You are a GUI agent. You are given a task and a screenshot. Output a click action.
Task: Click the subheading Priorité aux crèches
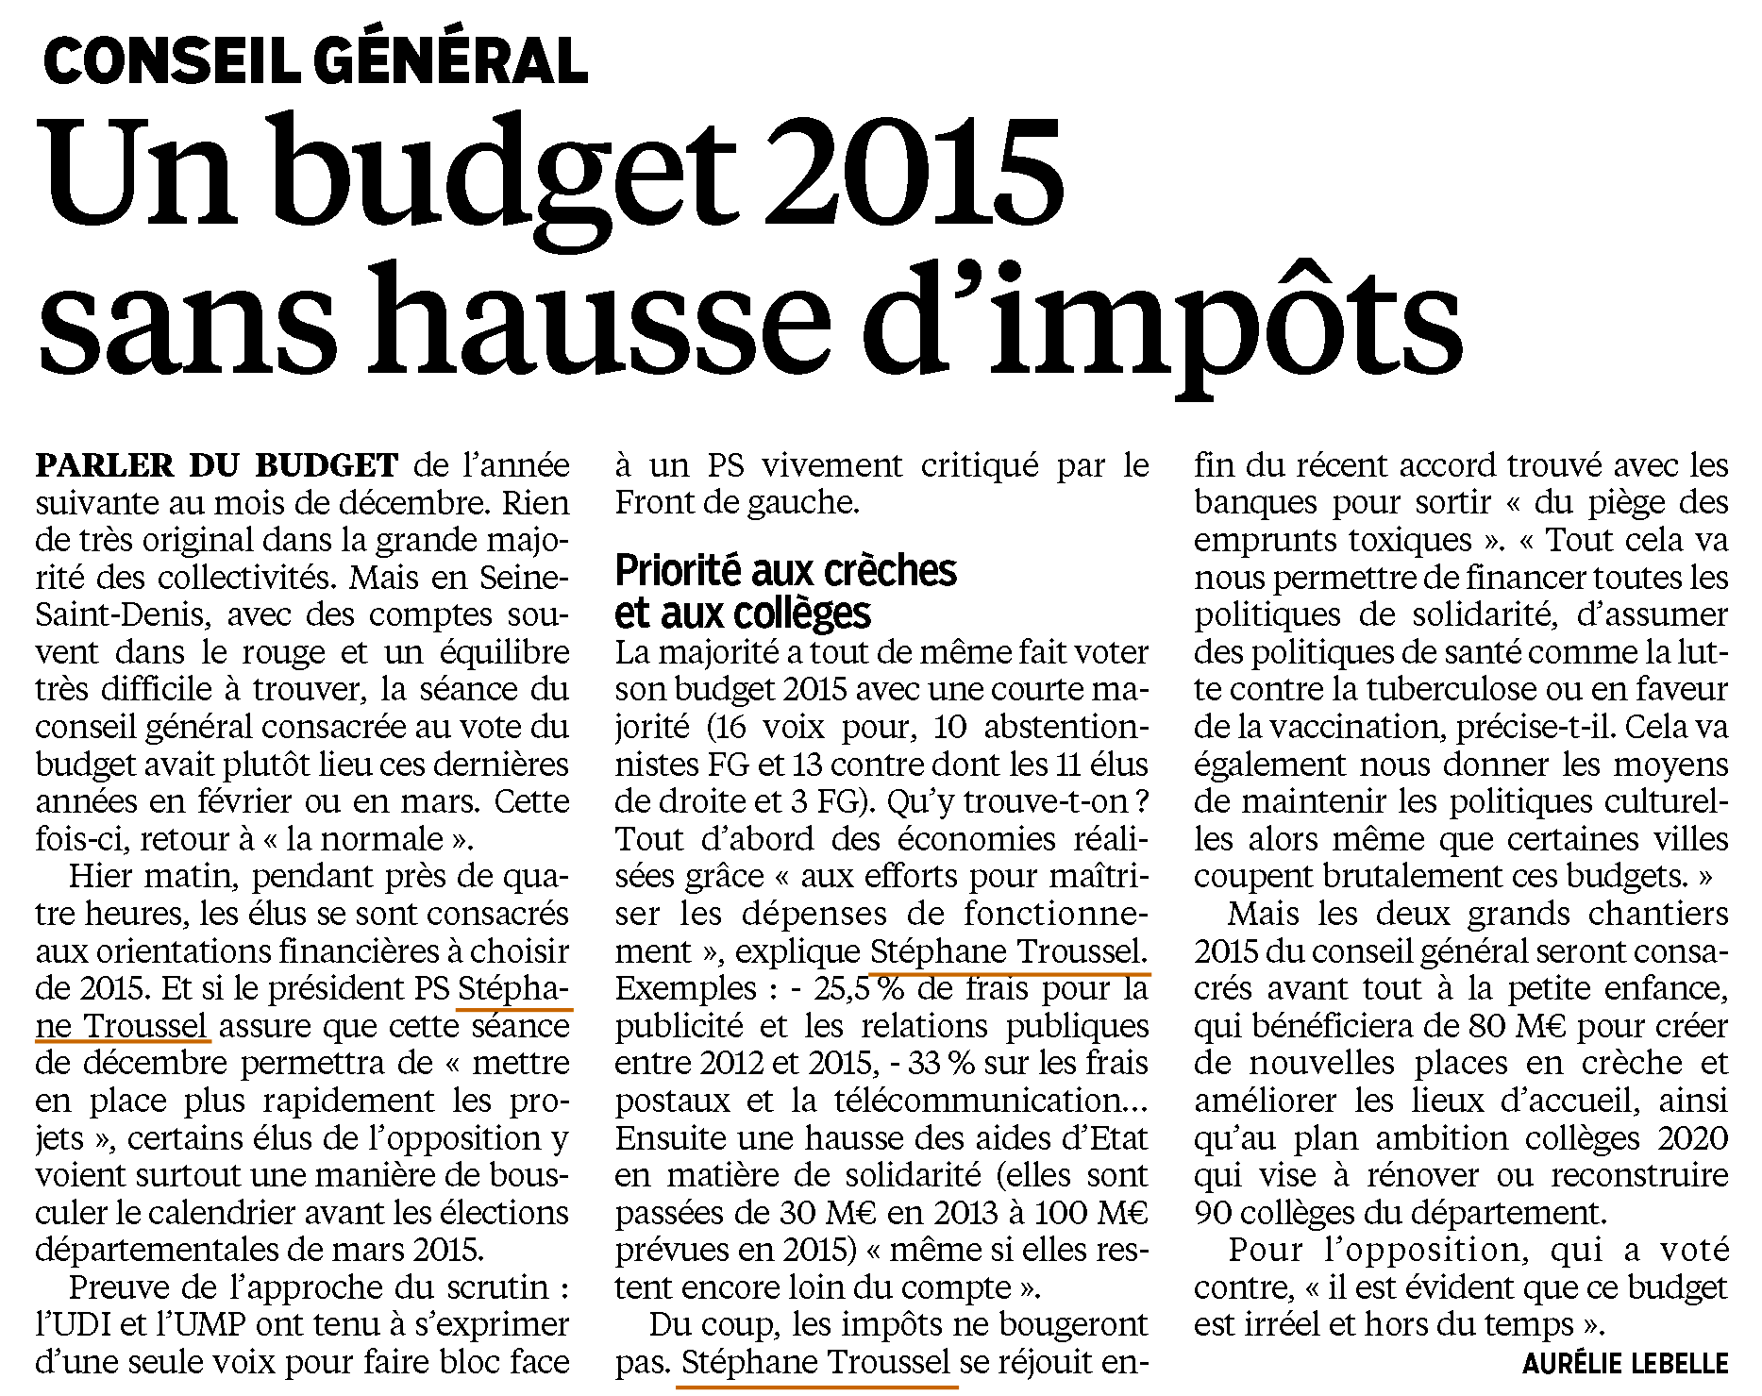[x=785, y=572]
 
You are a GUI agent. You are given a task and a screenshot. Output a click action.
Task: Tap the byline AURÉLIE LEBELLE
[x=1625, y=1363]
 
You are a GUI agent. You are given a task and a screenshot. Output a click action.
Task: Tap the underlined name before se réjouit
[x=815, y=1363]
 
